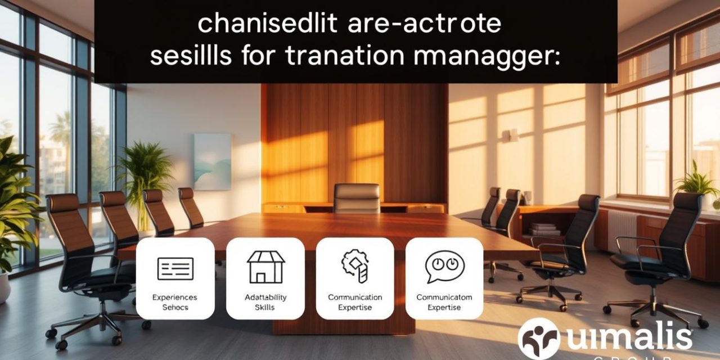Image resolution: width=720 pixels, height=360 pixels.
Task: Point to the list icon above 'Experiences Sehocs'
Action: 175,268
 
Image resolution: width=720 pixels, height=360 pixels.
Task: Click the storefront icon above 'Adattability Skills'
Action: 265,267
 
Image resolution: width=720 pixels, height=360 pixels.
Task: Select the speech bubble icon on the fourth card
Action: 444,266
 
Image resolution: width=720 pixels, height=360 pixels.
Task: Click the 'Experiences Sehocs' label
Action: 175,302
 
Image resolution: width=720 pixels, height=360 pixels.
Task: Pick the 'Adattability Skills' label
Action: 265,302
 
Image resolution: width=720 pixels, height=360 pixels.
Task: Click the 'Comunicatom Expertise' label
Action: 444,302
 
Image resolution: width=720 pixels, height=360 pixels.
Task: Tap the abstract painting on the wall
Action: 212,161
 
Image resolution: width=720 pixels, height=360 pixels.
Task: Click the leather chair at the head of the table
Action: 357,198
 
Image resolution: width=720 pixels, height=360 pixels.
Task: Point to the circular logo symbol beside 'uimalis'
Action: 538,339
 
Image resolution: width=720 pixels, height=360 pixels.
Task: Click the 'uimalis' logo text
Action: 627,337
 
